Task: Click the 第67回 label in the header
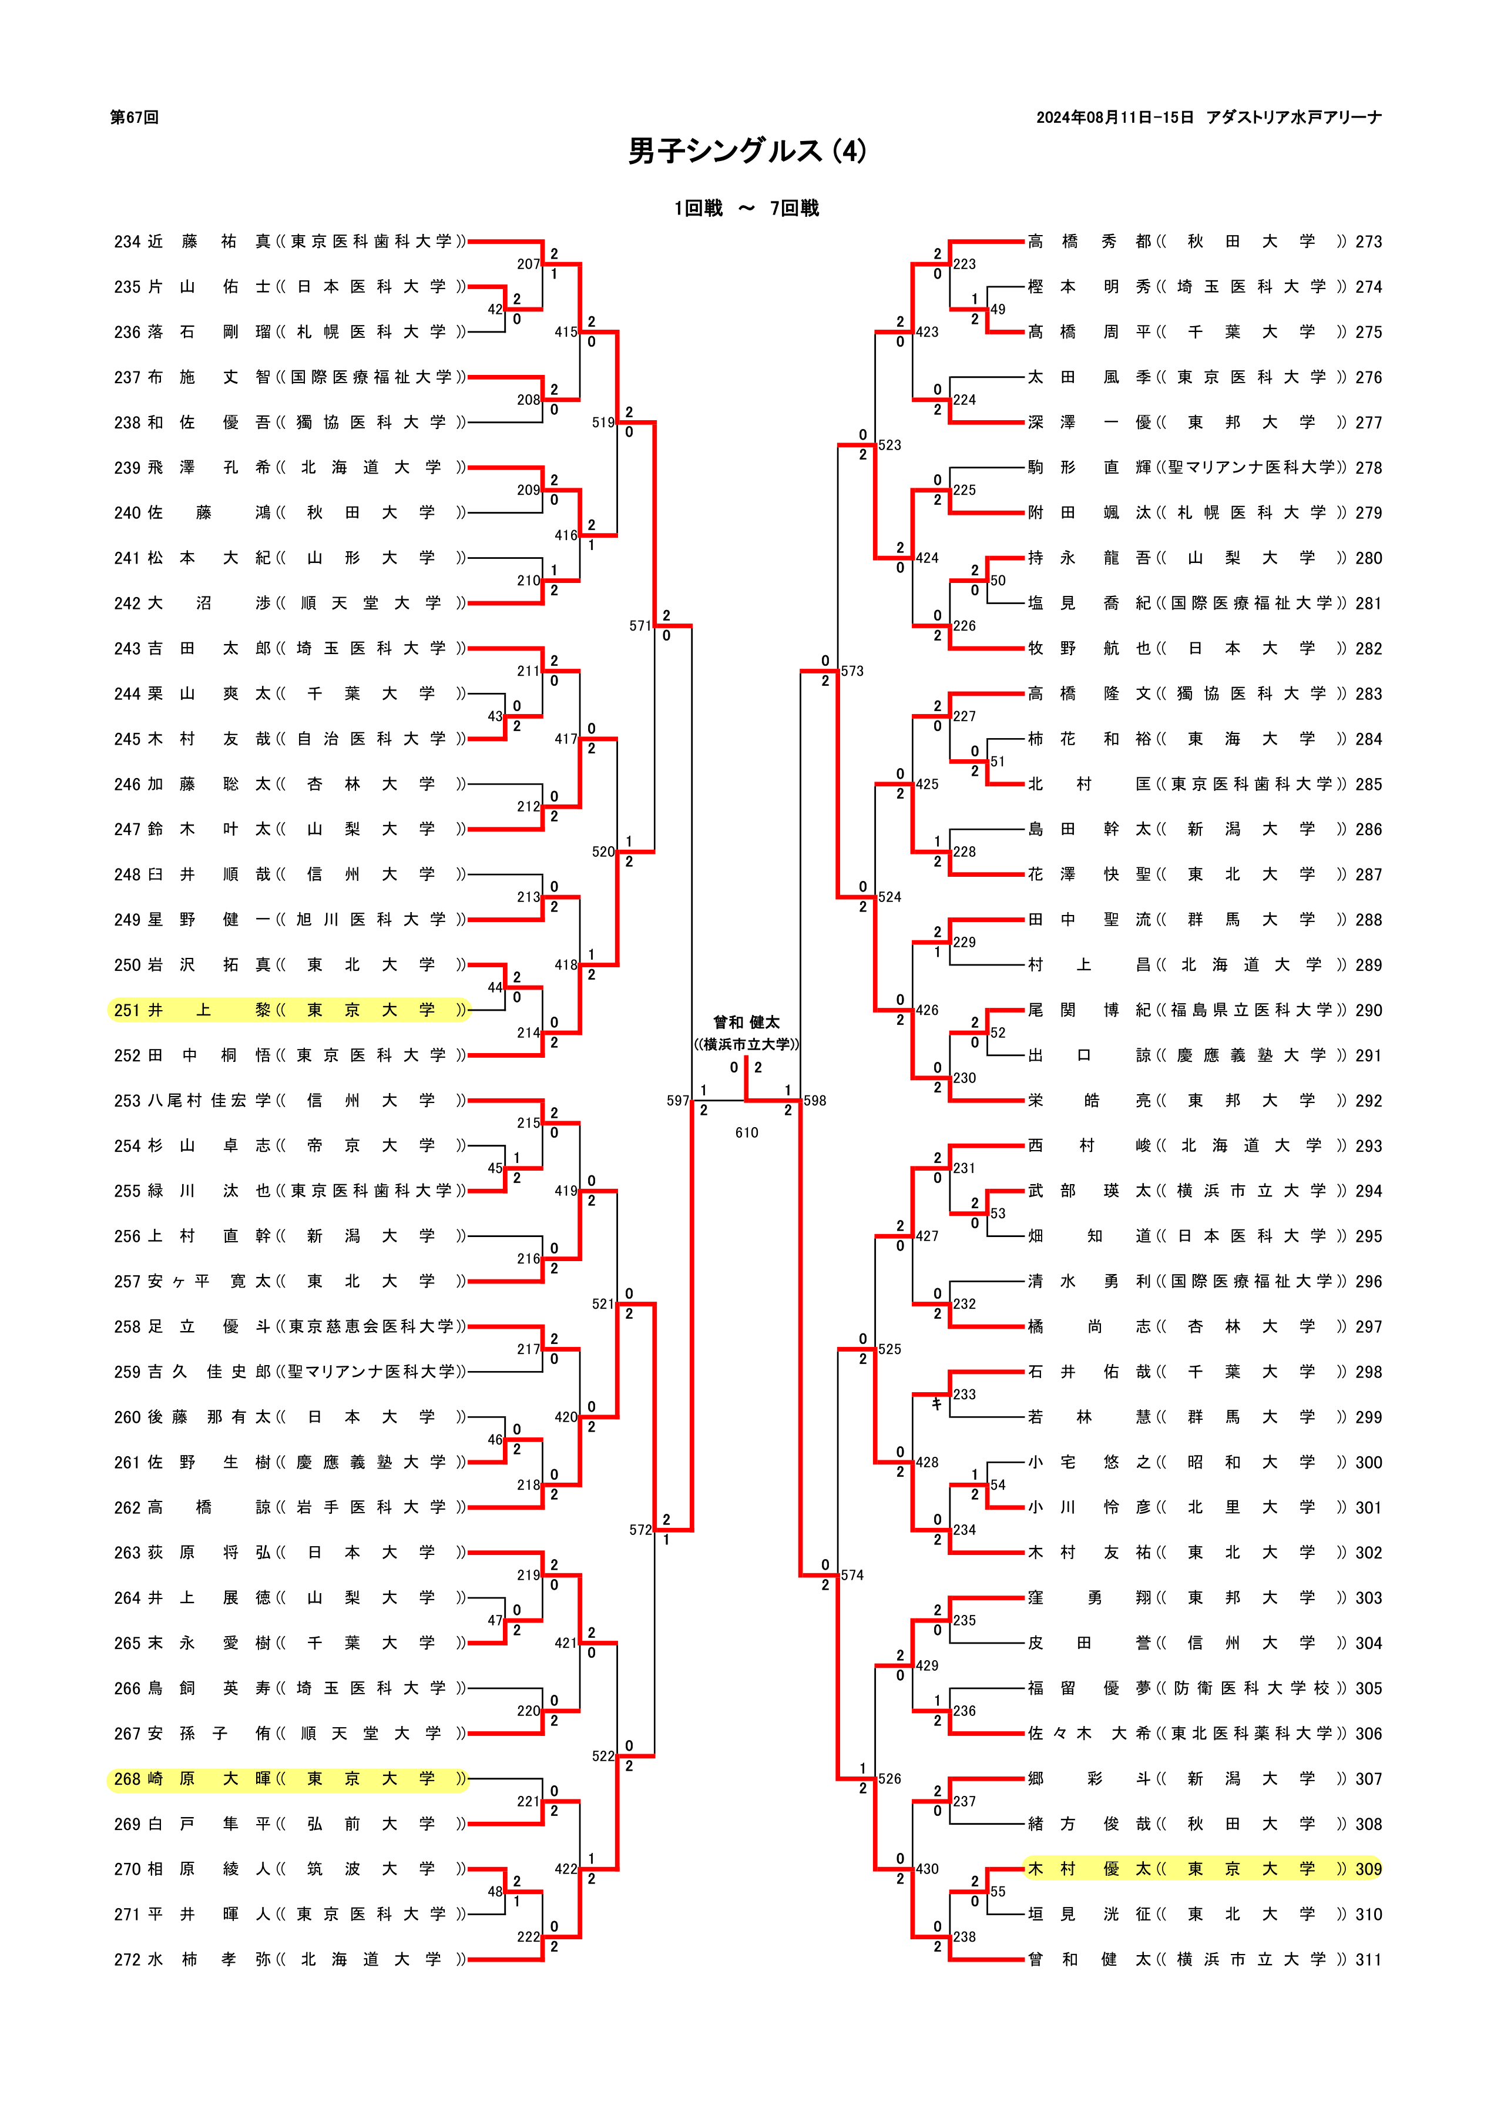pyautogui.click(x=135, y=118)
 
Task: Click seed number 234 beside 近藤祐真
pyautogui.click(x=127, y=242)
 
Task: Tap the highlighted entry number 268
pyautogui.click(x=127, y=1779)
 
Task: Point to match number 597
pyautogui.click(x=678, y=1101)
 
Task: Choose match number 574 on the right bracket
pyautogui.click(x=852, y=1575)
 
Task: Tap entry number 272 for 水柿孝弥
pyautogui.click(x=127, y=1959)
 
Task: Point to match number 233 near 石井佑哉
pyautogui.click(x=965, y=1395)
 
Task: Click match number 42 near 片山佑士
pyautogui.click(x=495, y=310)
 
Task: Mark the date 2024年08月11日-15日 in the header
pyautogui.click(x=1114, y=118)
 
